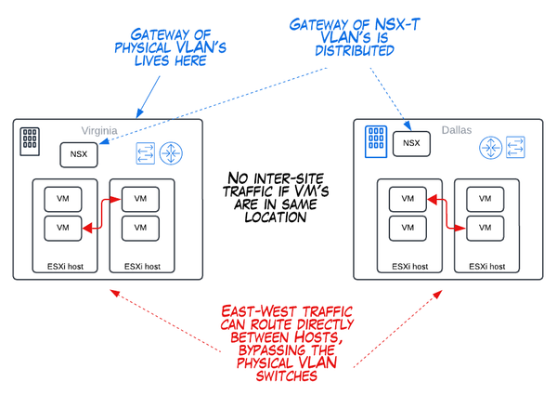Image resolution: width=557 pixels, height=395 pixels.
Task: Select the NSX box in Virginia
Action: (x=78, y=154)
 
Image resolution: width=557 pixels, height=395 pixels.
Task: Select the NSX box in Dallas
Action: (x=410, y=145)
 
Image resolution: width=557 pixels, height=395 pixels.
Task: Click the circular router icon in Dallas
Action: (x=491, y=146)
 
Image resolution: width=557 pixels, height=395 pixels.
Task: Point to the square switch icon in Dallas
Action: (x=515, y=146)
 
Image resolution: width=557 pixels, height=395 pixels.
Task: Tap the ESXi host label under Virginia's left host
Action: (x=63, y=267)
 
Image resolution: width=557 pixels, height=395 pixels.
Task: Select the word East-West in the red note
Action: (x=252, y=313)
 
